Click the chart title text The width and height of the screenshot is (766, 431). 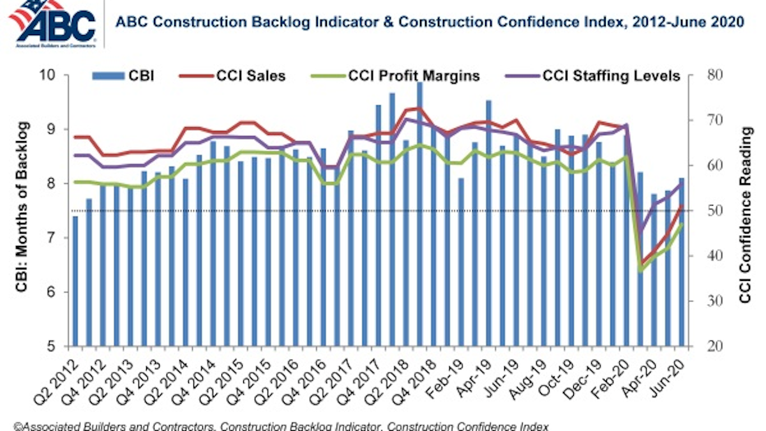tap(429, 22)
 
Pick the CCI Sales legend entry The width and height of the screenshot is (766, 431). tap(245, 77)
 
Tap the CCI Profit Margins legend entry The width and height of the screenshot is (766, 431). tap(396, 77)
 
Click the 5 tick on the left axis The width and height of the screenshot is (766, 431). tap(57, 347)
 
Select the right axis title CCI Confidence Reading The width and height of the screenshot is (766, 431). tap(744, 211)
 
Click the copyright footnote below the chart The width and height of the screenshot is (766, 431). tap(274, 425)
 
